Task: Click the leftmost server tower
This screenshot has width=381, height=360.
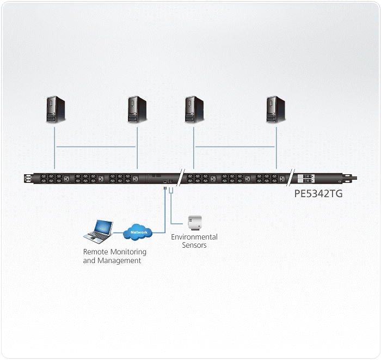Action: [56, 109]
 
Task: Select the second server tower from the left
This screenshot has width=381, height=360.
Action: [137, 109]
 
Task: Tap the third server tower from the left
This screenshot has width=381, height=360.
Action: [194, 109]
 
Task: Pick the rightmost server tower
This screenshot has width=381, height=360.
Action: [276, 109]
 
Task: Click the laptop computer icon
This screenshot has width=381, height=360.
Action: [98, 231]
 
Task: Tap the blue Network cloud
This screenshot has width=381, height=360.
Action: [138, 232]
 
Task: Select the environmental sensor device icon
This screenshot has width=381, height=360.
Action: [195, 223]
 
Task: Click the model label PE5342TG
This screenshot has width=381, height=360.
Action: [318, 194]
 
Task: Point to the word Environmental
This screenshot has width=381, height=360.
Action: [194, 237]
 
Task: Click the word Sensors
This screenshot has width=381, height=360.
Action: [194, 245]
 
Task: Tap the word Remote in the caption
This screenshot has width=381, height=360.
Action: [95, 252]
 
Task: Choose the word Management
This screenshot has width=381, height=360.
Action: [119, 260]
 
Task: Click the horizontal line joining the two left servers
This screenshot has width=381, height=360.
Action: [96, 147]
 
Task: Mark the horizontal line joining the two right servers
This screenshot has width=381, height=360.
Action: [235, 147]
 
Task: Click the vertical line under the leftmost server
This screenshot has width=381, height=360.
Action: [54, 148]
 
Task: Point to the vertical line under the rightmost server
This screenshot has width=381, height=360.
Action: [276, 148]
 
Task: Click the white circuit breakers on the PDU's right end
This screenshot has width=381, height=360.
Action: [306, 179]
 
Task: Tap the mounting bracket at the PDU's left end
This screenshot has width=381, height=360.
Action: [28, 179]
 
